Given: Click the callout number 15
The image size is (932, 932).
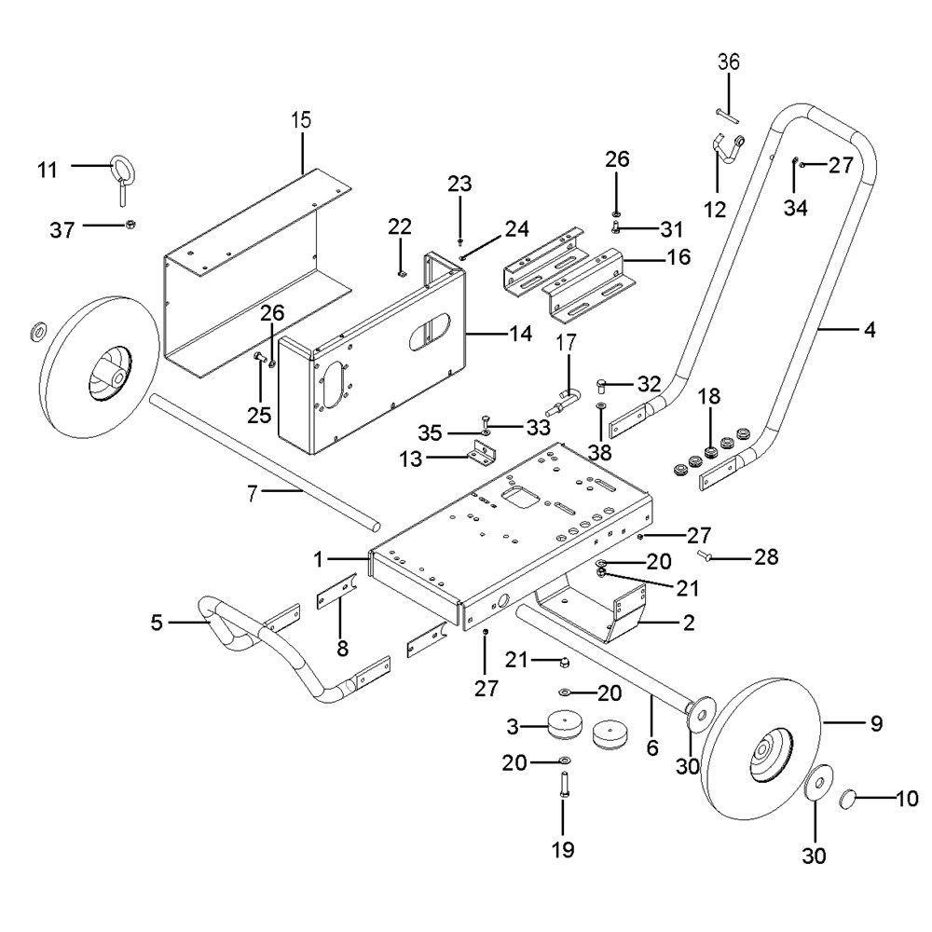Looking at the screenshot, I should (300, 120).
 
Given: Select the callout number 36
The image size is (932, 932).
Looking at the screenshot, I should (728, 62).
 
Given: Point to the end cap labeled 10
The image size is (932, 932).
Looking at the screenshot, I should (851, 798).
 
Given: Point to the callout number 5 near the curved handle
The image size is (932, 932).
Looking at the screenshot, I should (156, 620).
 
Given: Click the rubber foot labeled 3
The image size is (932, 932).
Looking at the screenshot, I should (564, 723).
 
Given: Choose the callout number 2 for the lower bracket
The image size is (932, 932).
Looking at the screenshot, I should (688, 624).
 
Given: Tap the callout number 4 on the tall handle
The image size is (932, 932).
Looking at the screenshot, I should (870, 329).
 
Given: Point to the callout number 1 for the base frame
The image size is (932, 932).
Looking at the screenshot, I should (318, 559).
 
